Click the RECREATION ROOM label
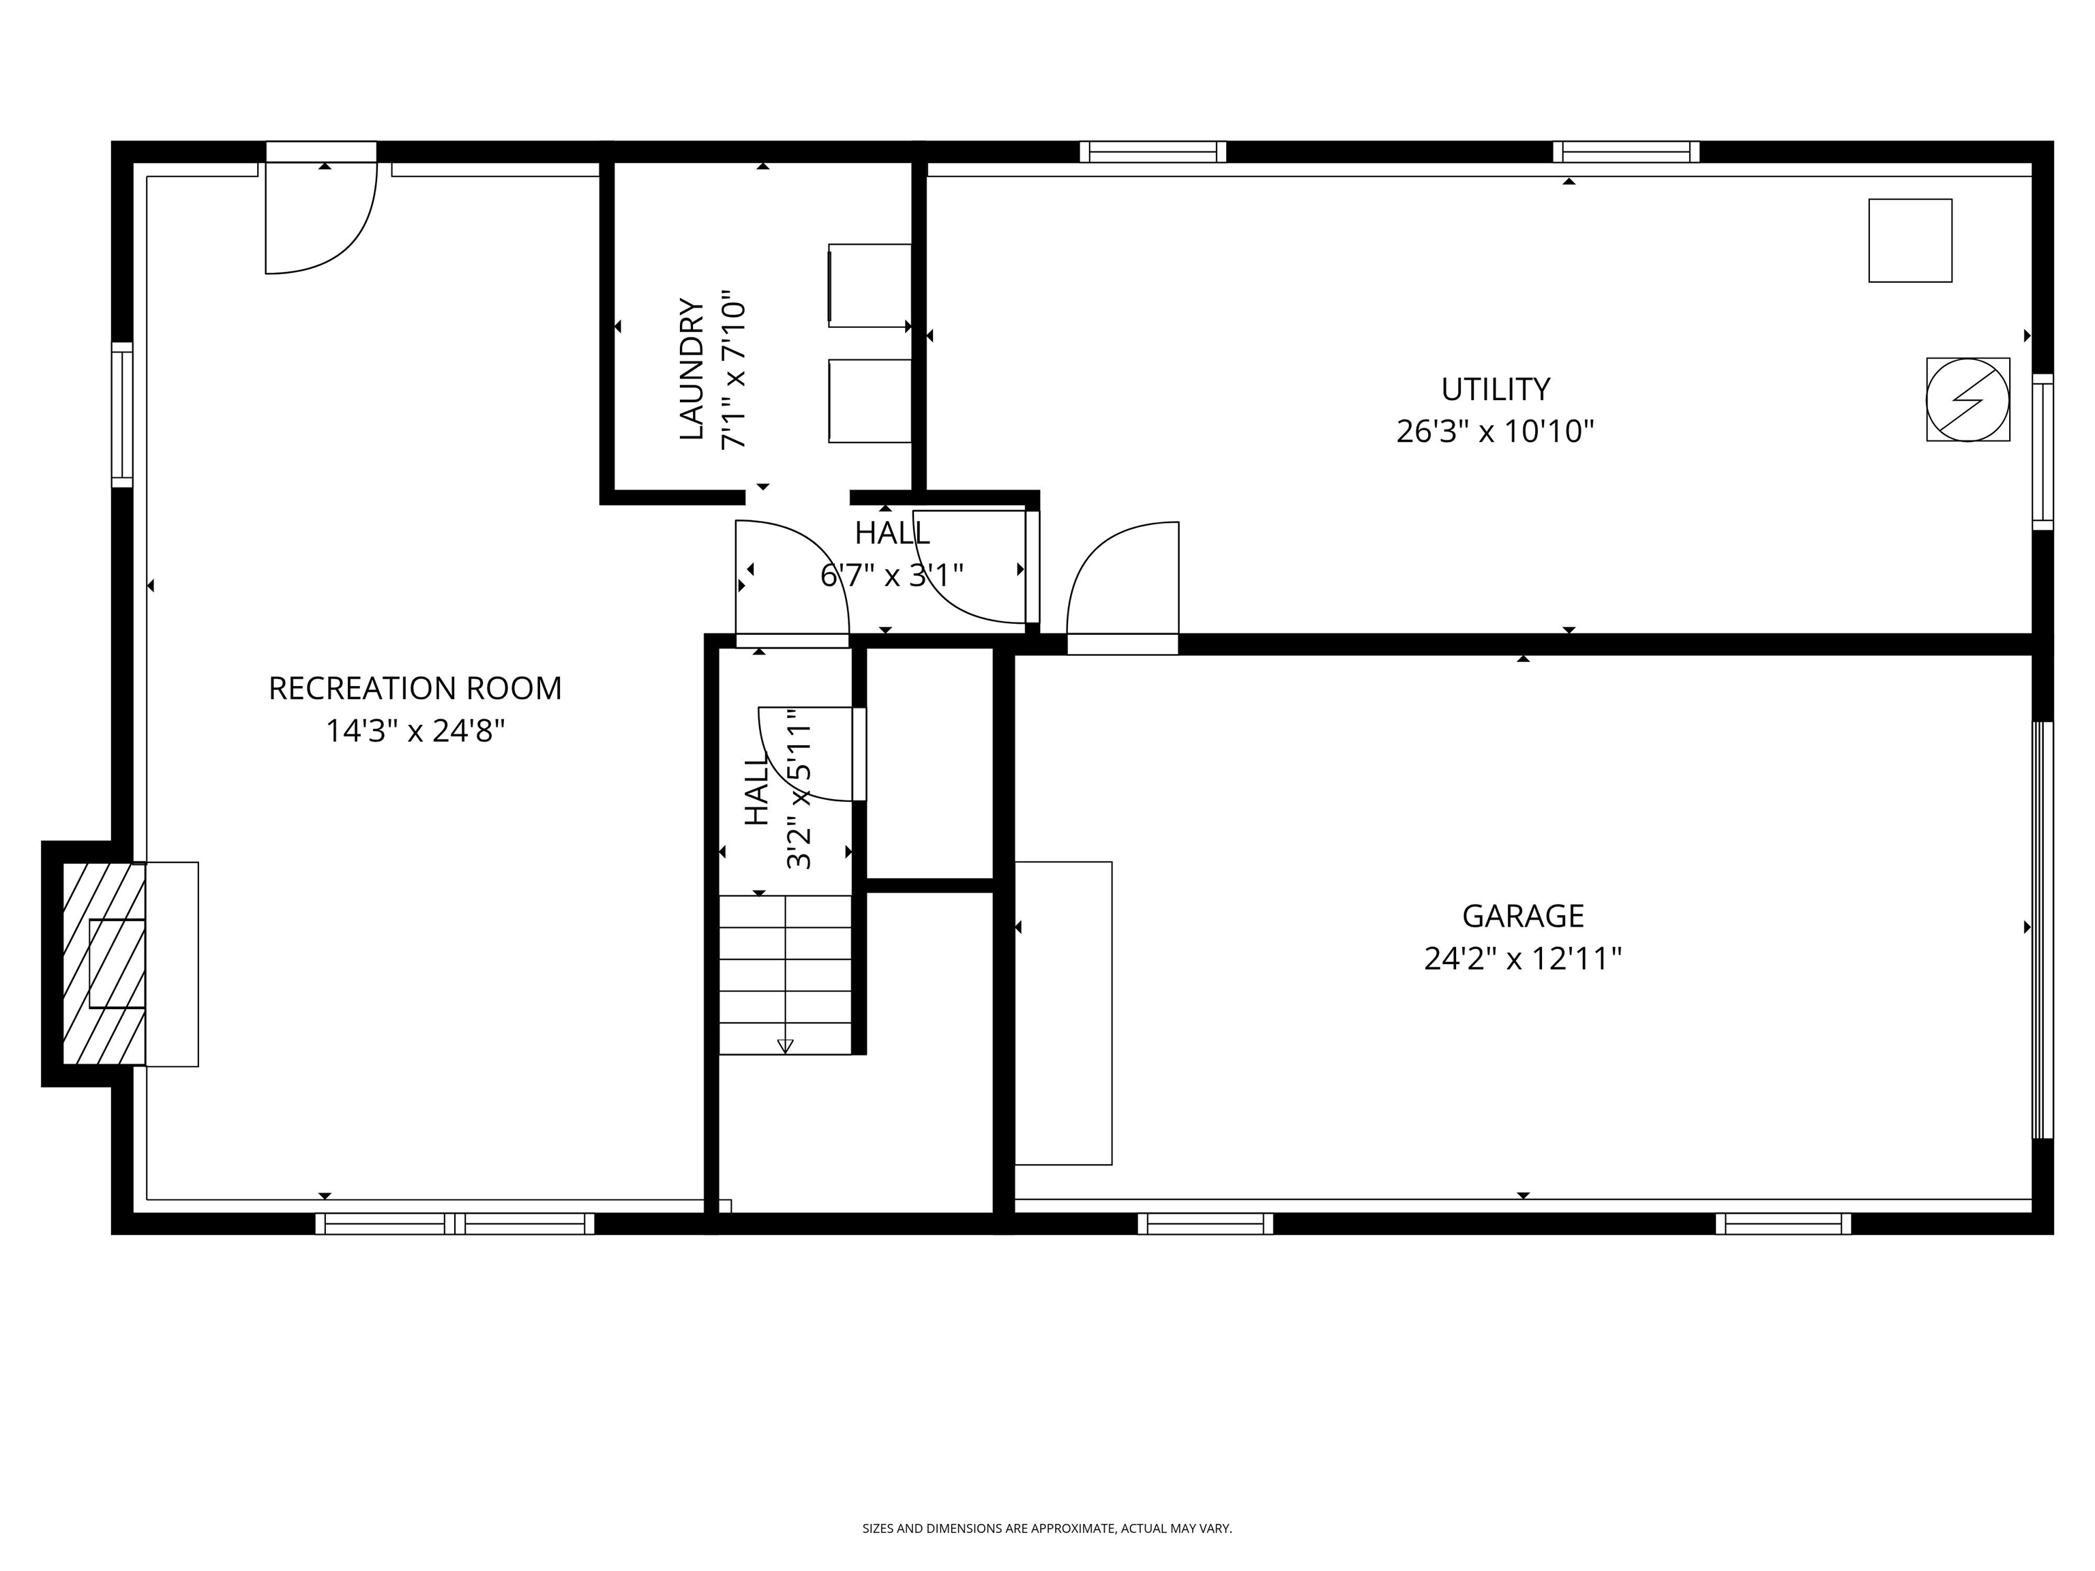(x=415, y=689)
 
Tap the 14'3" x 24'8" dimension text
(x=415, y=731)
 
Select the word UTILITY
(x=1495, y=389)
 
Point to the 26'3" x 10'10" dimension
(x=1495, y=432)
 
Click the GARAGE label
(x=1522, y=916)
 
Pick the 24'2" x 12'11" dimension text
(x=1522, y=959)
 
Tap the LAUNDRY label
(x=692, y=370)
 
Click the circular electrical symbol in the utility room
(x=1967, y=400)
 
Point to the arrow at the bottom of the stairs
(x=784, y=1045)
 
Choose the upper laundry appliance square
(x=870, y=286)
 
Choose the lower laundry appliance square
(x=870, y=400)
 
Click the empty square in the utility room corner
(x=1910, y=241)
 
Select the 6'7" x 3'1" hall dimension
(x=891, y=575)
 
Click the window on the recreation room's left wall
(x=122, y=415)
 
